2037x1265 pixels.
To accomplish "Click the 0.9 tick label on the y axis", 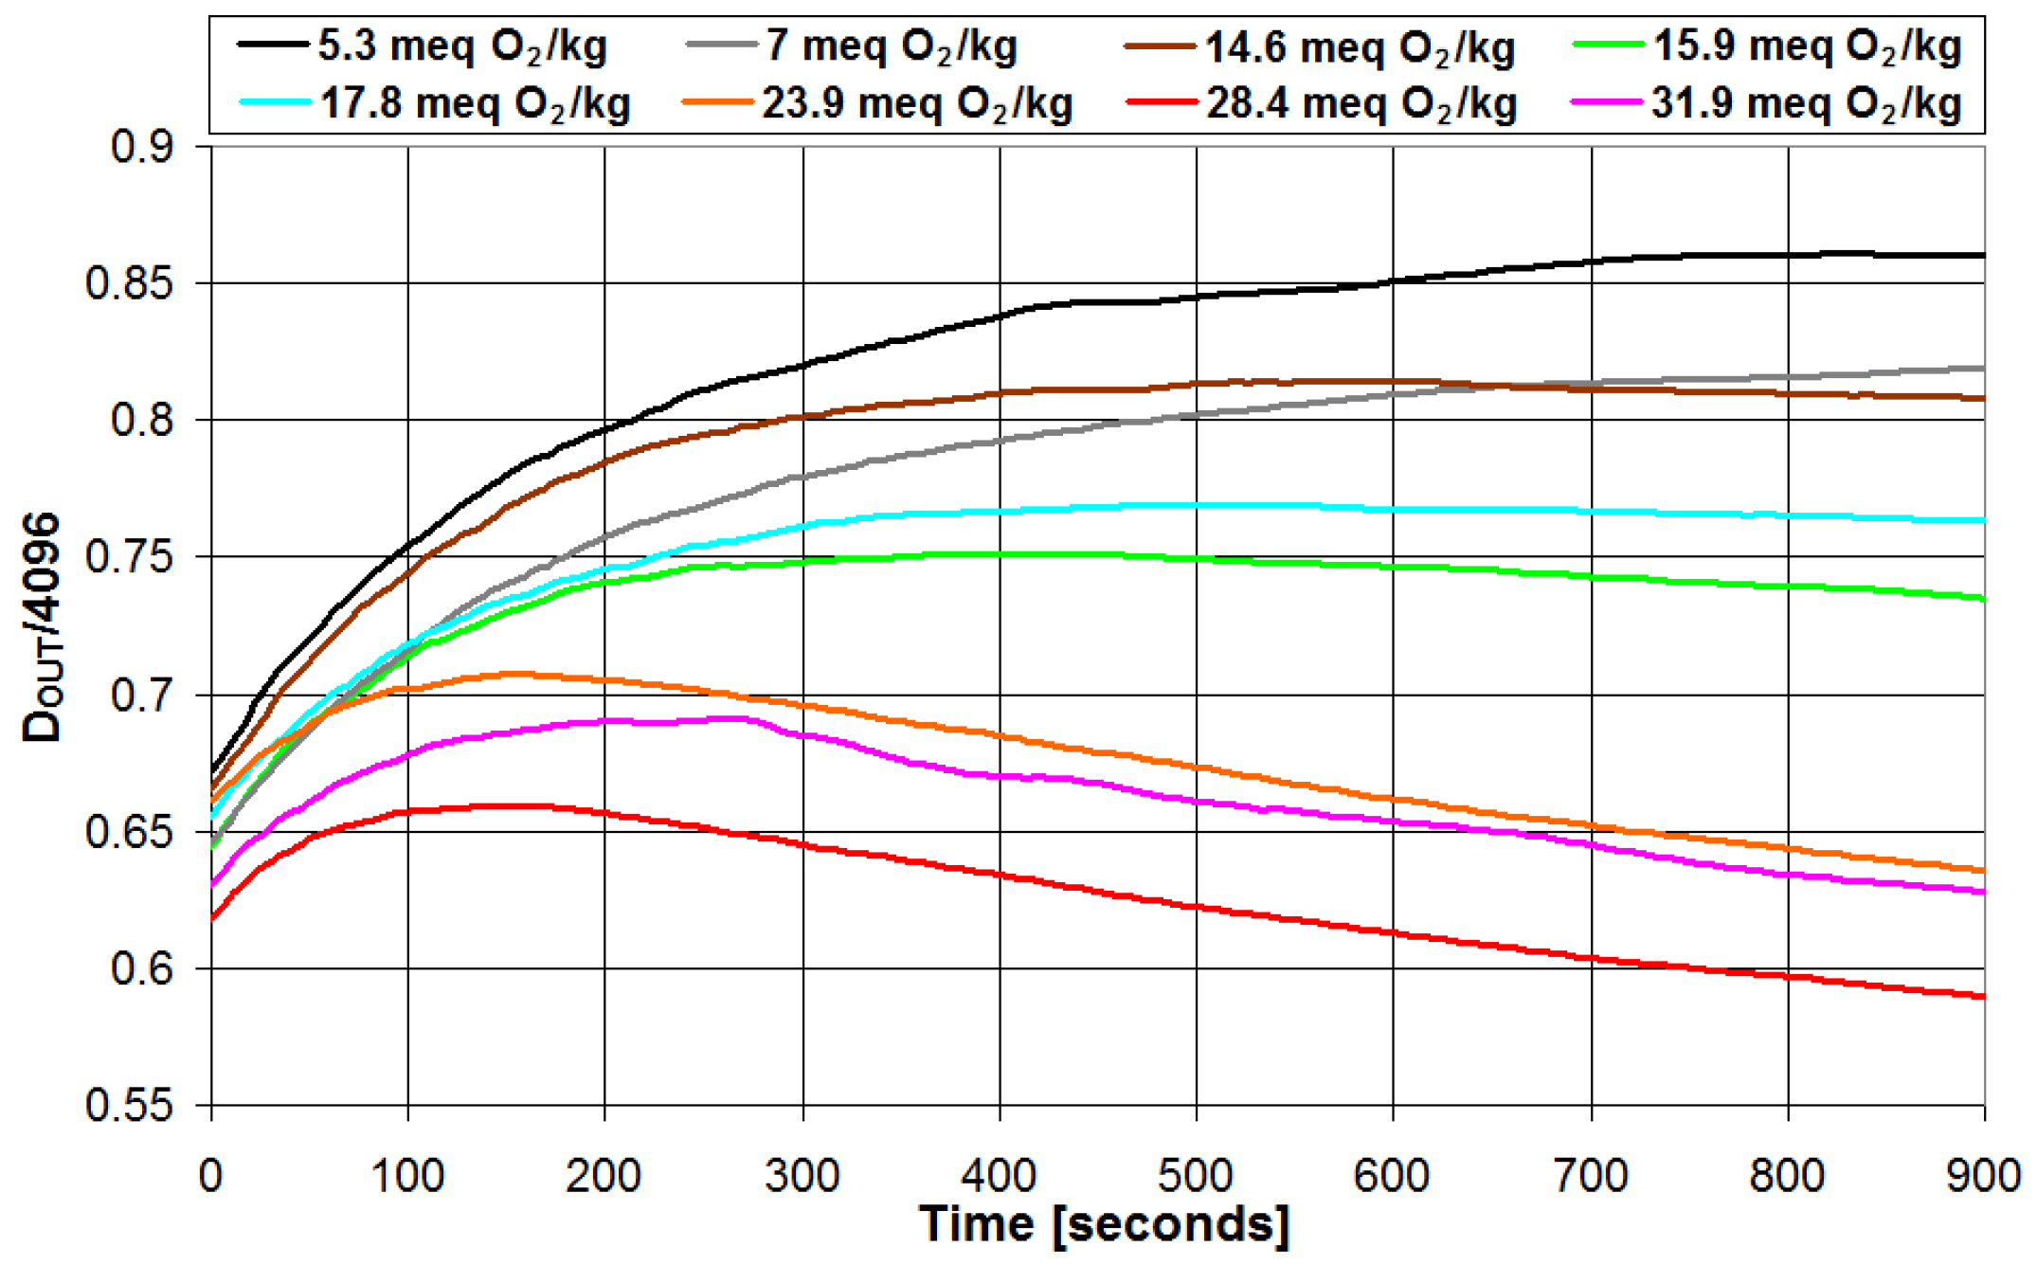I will (x=142, y=147).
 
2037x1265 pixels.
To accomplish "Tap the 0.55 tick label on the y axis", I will (x=130, y=1105).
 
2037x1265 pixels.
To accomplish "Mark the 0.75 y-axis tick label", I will (x=130, y=557).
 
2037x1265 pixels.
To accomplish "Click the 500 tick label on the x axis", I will (x=1196, y=1176).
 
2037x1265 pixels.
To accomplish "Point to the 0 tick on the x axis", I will (x=210, y=1176).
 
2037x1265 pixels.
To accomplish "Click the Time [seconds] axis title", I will (x=1105, y=1224).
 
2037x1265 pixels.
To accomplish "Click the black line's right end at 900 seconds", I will (x=1983, y=255).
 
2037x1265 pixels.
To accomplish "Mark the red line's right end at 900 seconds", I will (x=1983, y=996).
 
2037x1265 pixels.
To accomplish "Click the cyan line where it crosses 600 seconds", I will (x=1393, y=510).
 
